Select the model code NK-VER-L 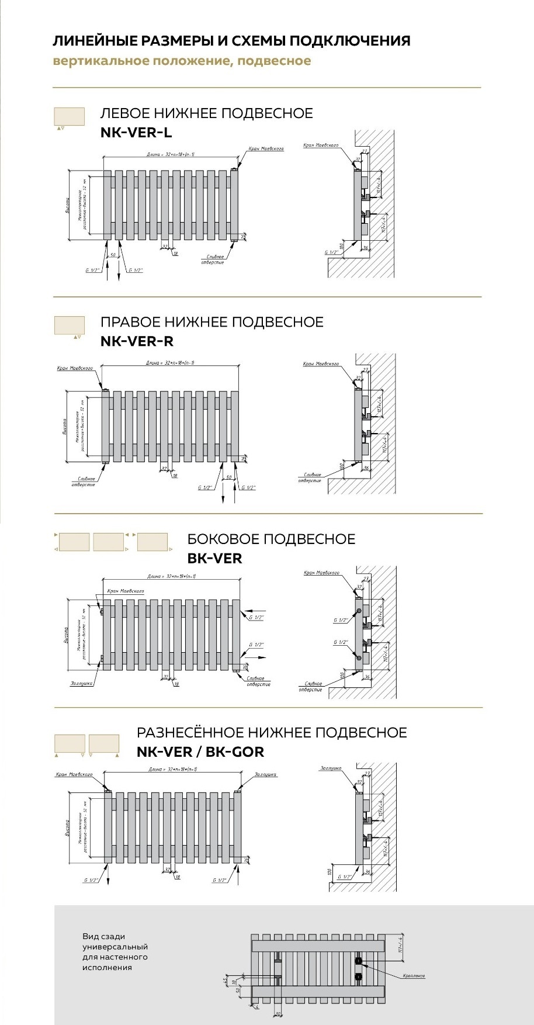[136, 133]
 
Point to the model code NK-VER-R [137, 341]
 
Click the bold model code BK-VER [214, 558]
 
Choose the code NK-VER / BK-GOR [200, 752]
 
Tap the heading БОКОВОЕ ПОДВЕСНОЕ [271, 539]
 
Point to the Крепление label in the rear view [414, 976]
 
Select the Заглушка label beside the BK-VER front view [82, 683]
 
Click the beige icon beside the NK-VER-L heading [69, 116]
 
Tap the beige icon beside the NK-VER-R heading [69, 325]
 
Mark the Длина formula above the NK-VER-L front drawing [170, 154]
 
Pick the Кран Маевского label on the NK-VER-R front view [75, 368]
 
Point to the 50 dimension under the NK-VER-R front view [228, 477]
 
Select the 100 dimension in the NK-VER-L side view [341, 246]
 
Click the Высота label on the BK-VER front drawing [65, 636]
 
